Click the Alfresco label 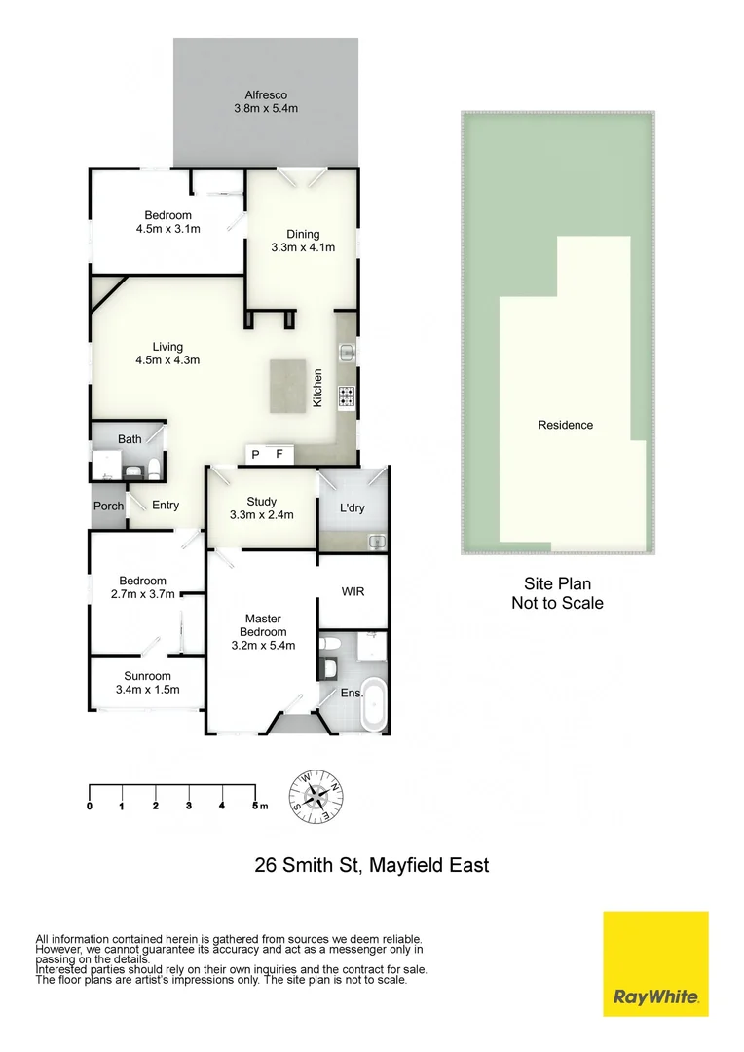(x=265, y=94)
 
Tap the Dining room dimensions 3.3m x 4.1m (x=303, y=247)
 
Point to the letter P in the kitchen (x=257, y=454)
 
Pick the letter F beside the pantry (x=279, y=454)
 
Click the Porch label (x=108, y=506)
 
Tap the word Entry (x=166, y=505)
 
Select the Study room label (x=261, y=502)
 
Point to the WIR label (x=353, y=591)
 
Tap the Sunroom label (x=147, y=676)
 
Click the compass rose (x=316, y=797)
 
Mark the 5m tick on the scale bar (x=255, y=806)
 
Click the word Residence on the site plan (x=565, y=425)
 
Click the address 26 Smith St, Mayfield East (x=371, y=864)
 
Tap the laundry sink (x=376, y=541)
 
